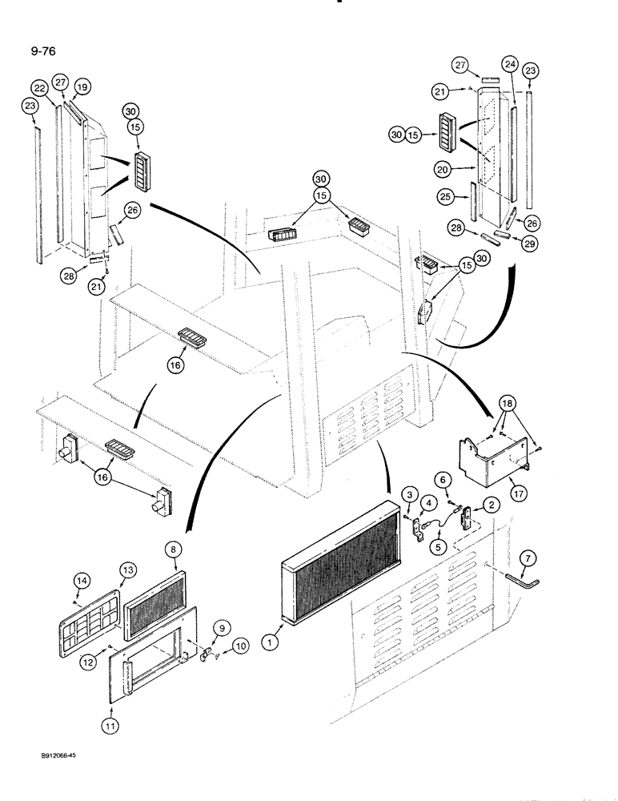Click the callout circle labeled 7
point(527,557)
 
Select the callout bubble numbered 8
point(174,552)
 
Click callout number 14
point(80,580)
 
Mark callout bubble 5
point(439,549)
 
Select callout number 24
point(509,64)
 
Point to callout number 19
point(81,87)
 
